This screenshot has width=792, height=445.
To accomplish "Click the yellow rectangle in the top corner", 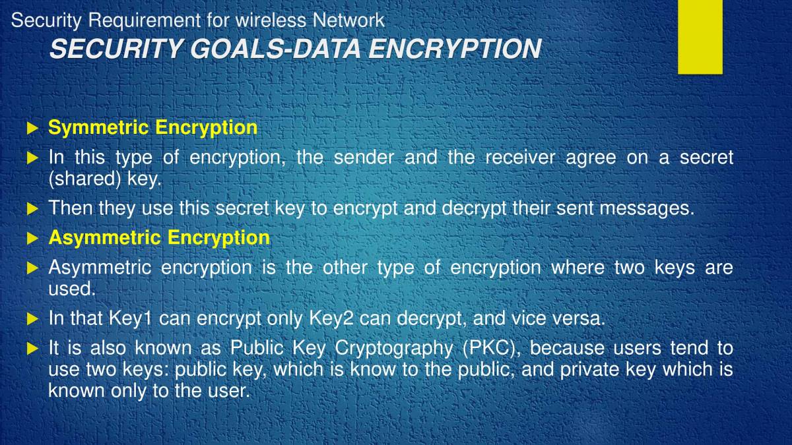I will click(700, 36).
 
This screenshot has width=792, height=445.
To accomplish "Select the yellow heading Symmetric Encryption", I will click(152, 127).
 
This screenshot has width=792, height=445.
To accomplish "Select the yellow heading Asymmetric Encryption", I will click(159, 237).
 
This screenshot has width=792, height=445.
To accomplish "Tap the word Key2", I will click(331, 318).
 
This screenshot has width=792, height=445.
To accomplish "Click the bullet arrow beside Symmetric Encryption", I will click(33, 128).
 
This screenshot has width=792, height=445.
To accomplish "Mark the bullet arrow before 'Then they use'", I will click(33, 209).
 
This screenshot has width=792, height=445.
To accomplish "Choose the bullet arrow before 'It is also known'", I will click(33, 348).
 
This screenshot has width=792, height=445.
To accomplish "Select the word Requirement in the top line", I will click(144, 20).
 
